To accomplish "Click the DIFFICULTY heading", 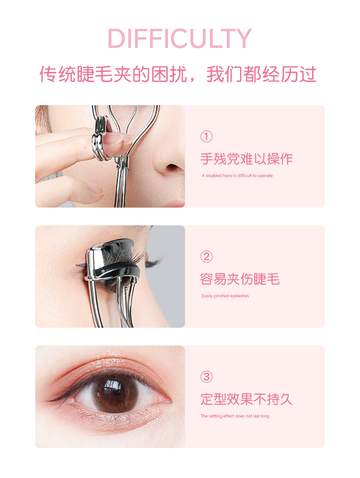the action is pyautogui.click(x=180, y=38).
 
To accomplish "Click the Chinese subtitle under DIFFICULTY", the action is pyautogui.click(x=178, y=74).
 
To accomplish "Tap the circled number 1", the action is pyautogui.click(x=206, y=137).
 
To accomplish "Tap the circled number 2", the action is pyautogui.click(x=206, y=257).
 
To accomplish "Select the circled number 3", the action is pyautogui.click(x=206, y=377).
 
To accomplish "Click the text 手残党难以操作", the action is pyautogui.click(x=247, y=159).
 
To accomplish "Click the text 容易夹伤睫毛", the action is pyautogui.click(x=240, y=279).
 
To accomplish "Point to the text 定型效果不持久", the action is pyautogui.click(x=247, y=399).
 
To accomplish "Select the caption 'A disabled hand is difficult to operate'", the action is pyautogui.click(x=237, y=176).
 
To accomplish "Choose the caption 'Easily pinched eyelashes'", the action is pyautogui.click(x=225, y=296).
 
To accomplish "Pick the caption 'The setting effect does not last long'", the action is pyautogui.click(x=235, y=416).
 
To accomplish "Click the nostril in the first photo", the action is pyautogui.click(x=172, y=167).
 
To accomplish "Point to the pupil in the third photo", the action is pyautogui.click(x=116, y=392).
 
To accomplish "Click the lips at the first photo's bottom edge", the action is pyautogui.click(x=175, y=203).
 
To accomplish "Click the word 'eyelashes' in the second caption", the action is pyautogui.click(x=240, y=296).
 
